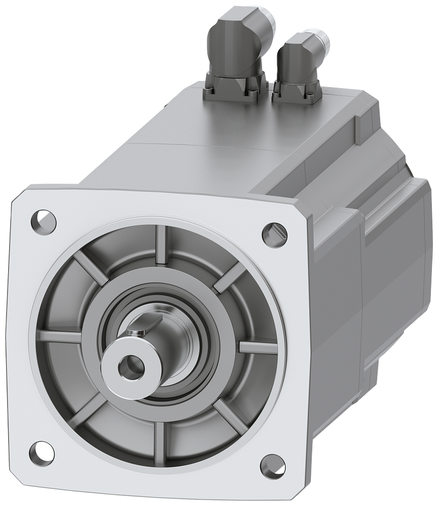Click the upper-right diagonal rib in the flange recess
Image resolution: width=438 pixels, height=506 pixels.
(228, 279)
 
